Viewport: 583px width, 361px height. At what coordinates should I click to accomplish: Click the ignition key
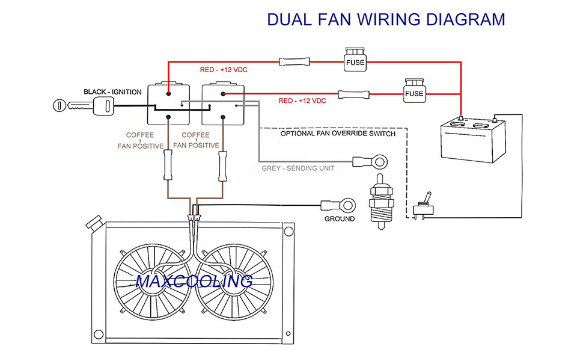pyautogui.click(x=84, y=106)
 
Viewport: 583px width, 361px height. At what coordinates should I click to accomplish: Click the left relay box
pyautogui.click(x=169, y=103)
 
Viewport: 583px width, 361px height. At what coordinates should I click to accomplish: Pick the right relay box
pyautogui.click(x=223, y=103)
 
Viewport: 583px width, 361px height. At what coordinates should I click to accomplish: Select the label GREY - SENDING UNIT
pyautogui.click(x=298, y=168)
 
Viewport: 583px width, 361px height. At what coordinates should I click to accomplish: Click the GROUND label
pyautogui.click(x=340, y=218)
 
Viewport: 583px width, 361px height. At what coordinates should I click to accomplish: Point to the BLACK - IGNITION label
pyautogui.click(x=112, y=92)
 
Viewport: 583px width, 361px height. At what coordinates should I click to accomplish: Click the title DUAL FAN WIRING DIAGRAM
pyautogui.click(x=386, y=19)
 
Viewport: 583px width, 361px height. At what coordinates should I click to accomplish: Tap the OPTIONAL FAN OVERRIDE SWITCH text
pyautogui.click(x=338, y=134)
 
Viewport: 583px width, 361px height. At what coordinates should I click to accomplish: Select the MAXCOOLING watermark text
pyautogui.click(x=194, y=281)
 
